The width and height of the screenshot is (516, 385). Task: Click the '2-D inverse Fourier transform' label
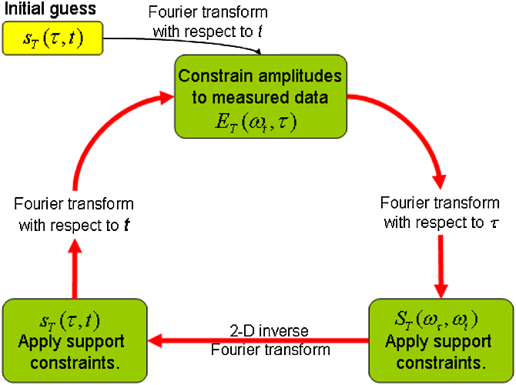point(259,340)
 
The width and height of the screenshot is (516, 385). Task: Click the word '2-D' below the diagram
point(237,331)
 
